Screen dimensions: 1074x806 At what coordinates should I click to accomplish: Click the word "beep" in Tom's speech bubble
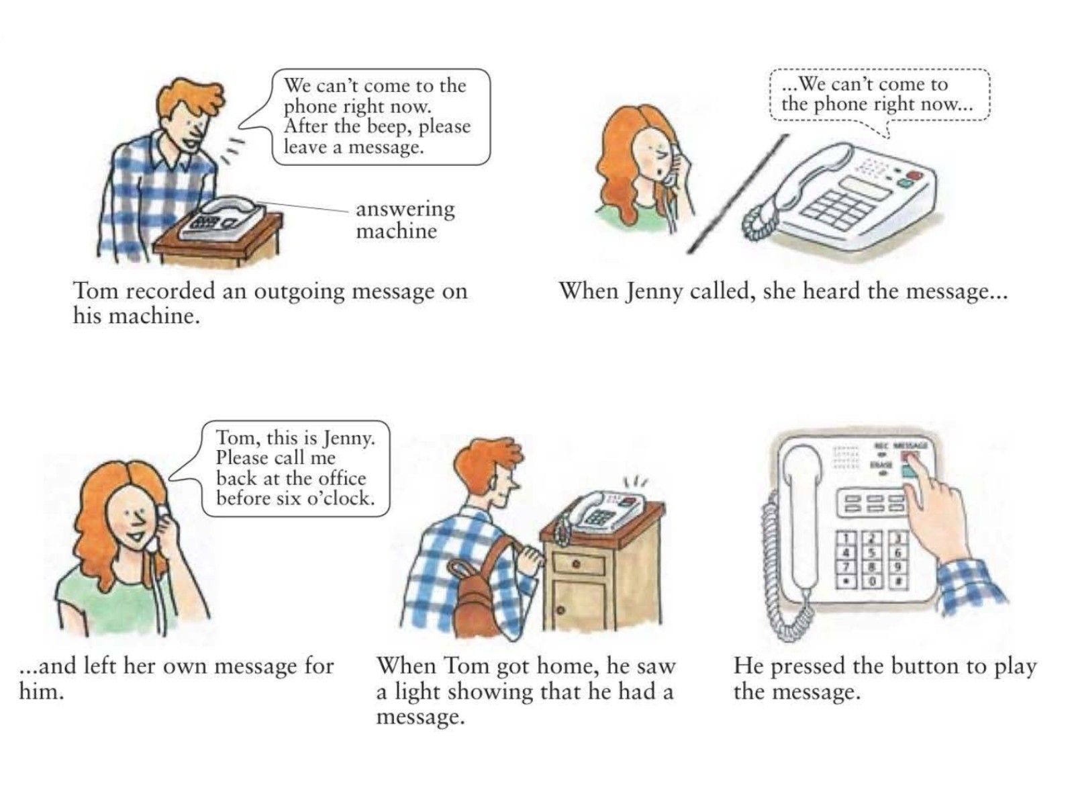pos(386,127)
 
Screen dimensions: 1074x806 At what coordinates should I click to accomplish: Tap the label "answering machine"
pos(405,220)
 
